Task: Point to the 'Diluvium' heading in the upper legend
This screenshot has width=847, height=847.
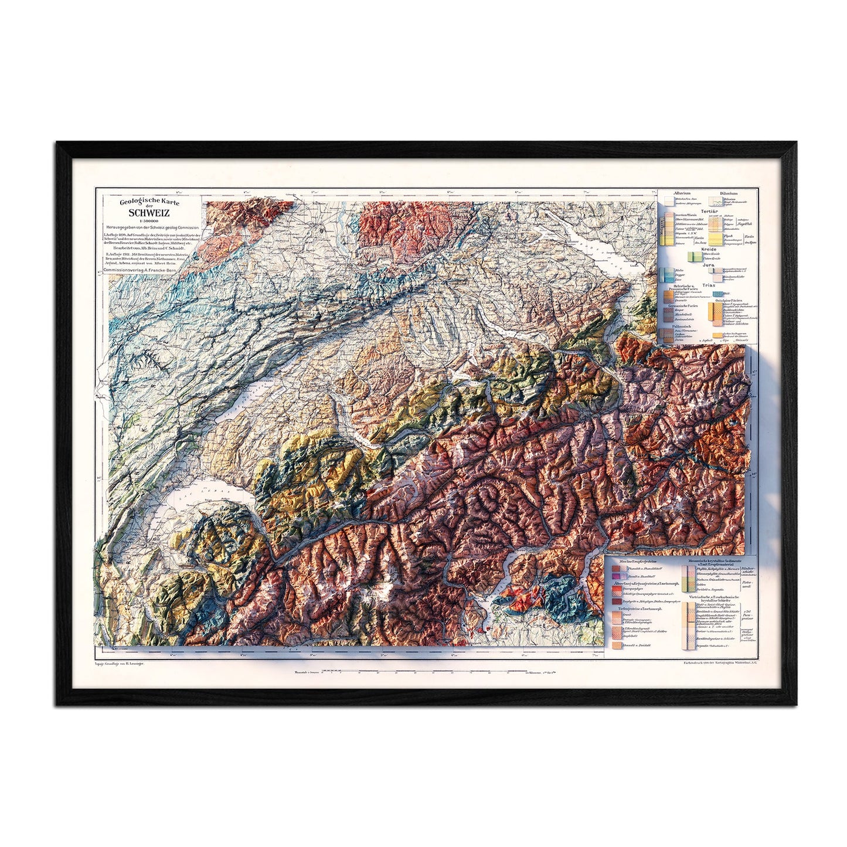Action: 729,193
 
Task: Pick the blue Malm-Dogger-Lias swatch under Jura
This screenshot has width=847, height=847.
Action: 665,275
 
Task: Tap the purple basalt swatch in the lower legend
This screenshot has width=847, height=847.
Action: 616,578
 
